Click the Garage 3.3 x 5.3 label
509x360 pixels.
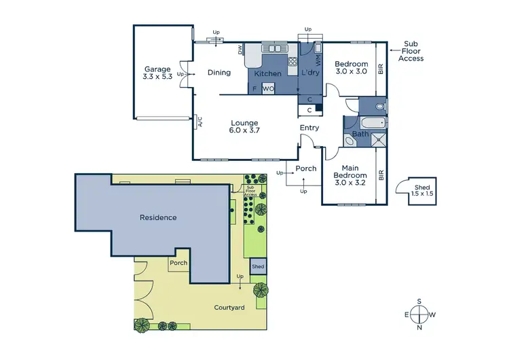157,73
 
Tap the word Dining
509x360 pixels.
219,73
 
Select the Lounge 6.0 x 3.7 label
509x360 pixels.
244,127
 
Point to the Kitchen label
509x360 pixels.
267,73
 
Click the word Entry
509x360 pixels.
309,128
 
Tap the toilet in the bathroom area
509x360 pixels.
379,107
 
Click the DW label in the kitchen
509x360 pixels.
240,50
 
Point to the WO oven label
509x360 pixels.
268,88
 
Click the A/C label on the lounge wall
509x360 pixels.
200,122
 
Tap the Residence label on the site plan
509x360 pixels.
158,218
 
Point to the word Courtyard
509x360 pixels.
229,308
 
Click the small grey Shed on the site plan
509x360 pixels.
258,266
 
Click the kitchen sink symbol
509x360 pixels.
276,48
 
